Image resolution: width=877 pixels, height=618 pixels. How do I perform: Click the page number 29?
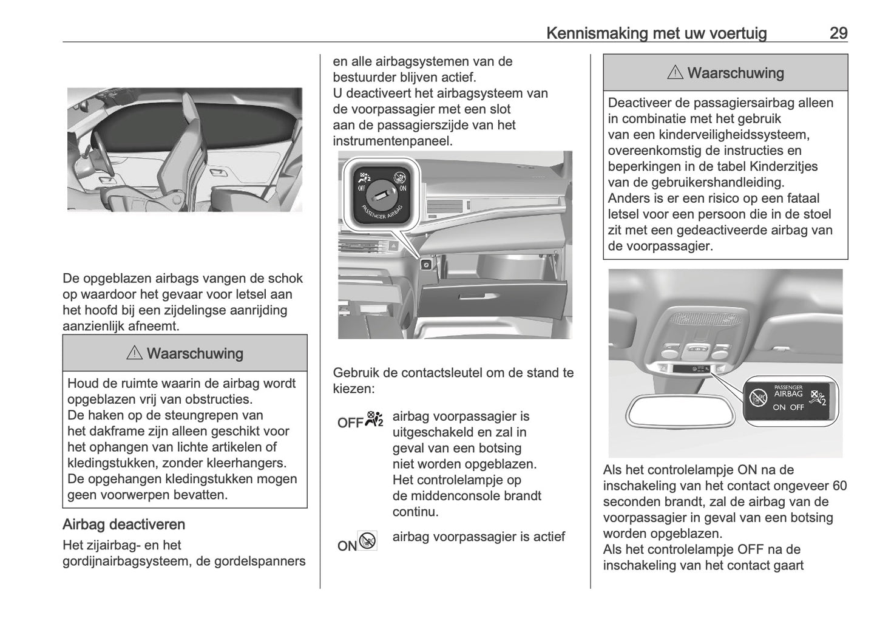pyautogui.click(x=838, y=33)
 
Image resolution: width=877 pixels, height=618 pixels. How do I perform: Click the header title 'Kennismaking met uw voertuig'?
pyautogui.click(x=656, y=33)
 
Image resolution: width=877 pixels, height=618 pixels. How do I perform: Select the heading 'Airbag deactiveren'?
pyautogui.click(x=124, y=525)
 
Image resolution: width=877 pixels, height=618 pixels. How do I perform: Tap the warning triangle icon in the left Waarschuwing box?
pyautogui.click(x=134, y=353)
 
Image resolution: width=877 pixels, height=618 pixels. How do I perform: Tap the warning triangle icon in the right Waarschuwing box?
pyautogui.click(x=674, y=73)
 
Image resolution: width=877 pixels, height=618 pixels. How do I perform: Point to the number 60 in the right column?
pyautogui.click(x=839, y=486)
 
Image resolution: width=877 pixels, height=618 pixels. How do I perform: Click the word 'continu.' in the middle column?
pyautogui.click(x=415, y=512)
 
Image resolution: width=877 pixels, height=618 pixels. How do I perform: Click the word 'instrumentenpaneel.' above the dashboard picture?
pyautogui.click(x=393, y=141)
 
